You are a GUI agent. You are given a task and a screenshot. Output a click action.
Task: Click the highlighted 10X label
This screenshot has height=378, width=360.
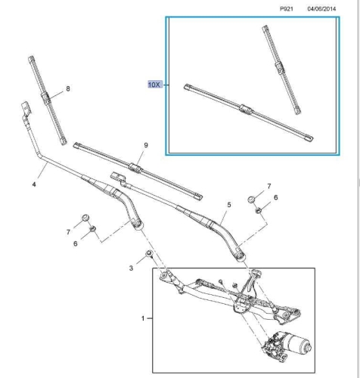click(x=154, y=85)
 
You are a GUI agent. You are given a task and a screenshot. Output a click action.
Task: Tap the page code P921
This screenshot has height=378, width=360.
click(x=287, y=9)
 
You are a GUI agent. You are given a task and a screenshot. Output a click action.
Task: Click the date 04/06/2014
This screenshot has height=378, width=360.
click(x=321, y=9)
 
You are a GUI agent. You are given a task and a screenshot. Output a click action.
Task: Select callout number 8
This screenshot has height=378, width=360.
click(x=68, y=88)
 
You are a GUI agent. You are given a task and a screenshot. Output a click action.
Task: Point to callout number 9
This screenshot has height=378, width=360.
click(x=146, y=145)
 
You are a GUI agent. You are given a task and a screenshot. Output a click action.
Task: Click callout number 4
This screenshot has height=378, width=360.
click(x=34, y=184)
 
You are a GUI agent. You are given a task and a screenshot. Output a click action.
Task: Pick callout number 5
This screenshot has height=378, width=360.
click(x=229, y=205)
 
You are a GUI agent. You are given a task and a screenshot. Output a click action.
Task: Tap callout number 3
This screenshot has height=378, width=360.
click(x=131, y=268)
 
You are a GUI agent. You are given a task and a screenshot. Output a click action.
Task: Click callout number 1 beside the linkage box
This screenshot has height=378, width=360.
click(x=143, y=318)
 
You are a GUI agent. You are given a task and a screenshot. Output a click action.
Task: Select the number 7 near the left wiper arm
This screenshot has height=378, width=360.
click(x=68, y=232)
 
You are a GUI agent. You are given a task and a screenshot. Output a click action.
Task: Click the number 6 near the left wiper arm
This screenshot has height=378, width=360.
click(x=76, y=243)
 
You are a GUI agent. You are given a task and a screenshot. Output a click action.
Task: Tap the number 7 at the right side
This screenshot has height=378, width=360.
click(x=269, y=186)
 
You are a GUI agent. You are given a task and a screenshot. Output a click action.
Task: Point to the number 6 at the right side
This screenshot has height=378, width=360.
click(x=276, y=197)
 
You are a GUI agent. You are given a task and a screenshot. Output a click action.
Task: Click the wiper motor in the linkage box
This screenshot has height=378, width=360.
click(x=287, y=345)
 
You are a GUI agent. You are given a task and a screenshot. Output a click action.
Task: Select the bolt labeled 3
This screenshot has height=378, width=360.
click(x=149, y=253)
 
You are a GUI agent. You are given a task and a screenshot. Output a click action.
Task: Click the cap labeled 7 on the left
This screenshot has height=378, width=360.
click(x=85, y=218)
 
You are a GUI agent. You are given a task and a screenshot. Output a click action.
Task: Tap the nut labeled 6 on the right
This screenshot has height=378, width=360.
click(x=258, y=210)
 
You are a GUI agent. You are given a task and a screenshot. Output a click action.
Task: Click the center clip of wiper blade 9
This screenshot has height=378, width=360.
click(x=135, y=168)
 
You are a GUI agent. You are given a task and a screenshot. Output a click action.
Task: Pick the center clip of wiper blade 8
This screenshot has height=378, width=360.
click(x=45, y=98)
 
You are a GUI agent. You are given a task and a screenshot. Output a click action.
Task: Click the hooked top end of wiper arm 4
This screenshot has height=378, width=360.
click(x=26, y=108)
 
